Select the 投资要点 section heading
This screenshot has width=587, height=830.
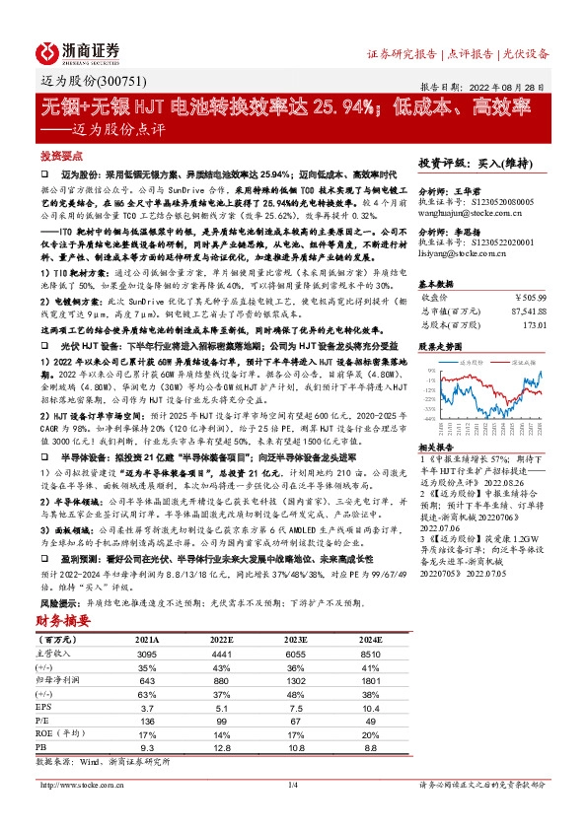point(58,157)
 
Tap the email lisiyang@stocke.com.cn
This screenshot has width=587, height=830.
point(460,254)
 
